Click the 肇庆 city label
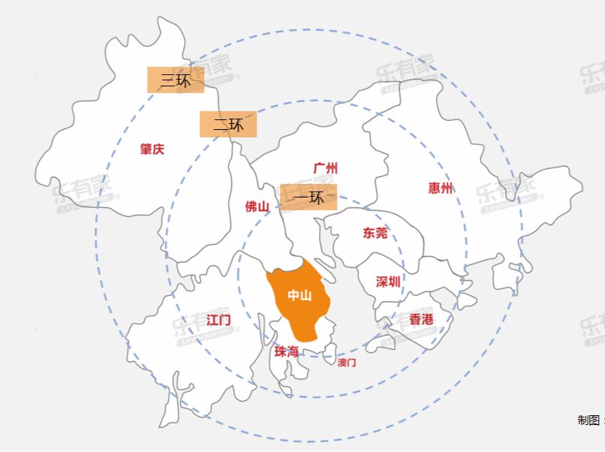click(x=152, y=149)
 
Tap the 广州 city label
click(x=325, y=167)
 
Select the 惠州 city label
click(x=441, y=188)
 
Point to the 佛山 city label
click(x=257, y=206)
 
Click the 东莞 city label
click(x=375, y=233)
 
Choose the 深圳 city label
click(x=388, y=282)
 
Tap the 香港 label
click(x=421, y=319)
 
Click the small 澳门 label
click(x=347, y=363)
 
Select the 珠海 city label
click(x=286, y=351)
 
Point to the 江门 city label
click(x=218, y=320)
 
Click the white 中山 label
click(x=299, y=295)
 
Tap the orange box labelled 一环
click(x=309, y=197)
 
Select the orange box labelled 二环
click(x=228, y=125)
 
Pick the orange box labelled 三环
click(x=176, y=80)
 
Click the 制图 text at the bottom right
click(x=590, y=420)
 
